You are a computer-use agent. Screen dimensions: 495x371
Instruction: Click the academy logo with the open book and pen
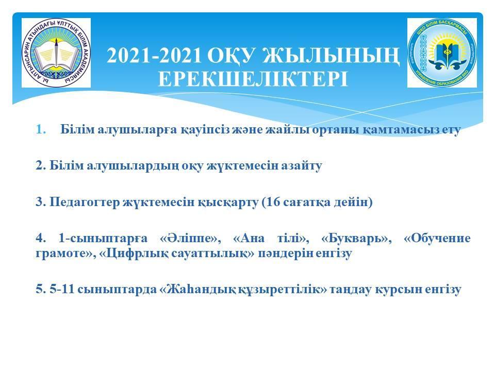coord(56,53)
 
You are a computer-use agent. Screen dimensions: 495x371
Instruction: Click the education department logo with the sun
coord(442,53)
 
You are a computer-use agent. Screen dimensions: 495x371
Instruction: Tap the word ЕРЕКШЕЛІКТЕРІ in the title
coord(253,79)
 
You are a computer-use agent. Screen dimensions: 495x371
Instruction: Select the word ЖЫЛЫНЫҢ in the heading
coord(331,56)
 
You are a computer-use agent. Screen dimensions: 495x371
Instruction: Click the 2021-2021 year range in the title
coord(154,56)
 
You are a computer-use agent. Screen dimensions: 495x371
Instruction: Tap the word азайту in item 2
coord(302,165)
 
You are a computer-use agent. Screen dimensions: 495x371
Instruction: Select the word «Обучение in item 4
coord(437,238)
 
